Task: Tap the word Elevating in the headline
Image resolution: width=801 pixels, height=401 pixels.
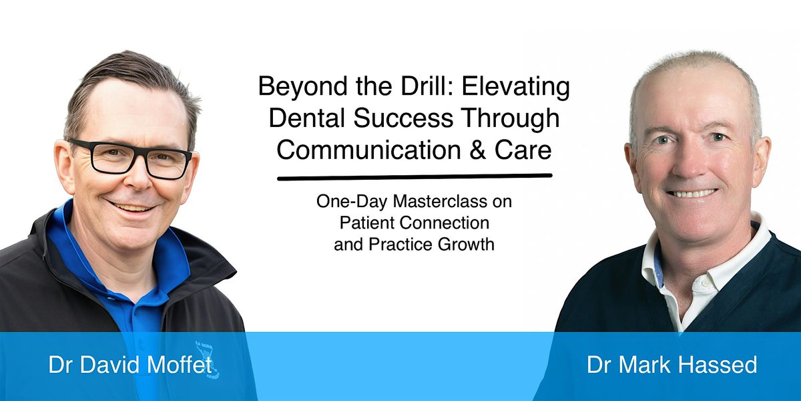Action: [515, 87]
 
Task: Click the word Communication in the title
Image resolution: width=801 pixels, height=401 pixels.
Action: [369, 150]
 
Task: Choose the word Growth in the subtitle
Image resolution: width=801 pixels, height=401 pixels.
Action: [466, 245]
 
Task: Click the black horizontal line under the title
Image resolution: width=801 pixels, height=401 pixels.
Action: [415, 177]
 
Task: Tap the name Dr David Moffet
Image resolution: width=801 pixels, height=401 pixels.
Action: [130, 365]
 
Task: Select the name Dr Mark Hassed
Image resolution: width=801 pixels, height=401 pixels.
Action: [672, 365]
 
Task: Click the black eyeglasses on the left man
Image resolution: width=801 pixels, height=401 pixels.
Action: [131, 158]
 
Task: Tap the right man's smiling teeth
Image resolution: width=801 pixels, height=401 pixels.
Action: [692, 193]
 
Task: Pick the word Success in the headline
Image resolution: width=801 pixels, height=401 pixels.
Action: [404, 118]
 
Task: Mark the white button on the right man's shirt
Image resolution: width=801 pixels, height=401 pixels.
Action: [705, 283]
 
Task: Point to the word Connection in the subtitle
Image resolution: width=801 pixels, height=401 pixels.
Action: [445, 223]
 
